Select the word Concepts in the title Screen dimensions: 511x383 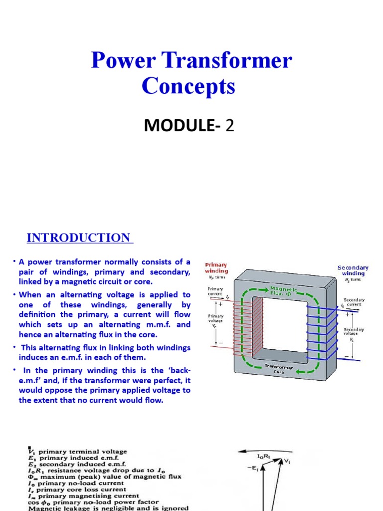(x=188, y=86)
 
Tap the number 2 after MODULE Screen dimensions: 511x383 (x=229, y=126)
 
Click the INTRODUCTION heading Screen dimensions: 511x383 (x=78, y=238)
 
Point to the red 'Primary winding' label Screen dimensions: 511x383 (x=216, y=268)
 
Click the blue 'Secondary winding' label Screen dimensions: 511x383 (x=353, y=270)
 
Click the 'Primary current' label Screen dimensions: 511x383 (x=215, y=291)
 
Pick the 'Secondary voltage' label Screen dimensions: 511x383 (x=353, y=332)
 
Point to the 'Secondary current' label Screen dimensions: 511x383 (x=353, y=302)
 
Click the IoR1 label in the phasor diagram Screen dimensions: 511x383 (x=264, y=456)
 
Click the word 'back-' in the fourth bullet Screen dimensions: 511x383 (x=180, y=370)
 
